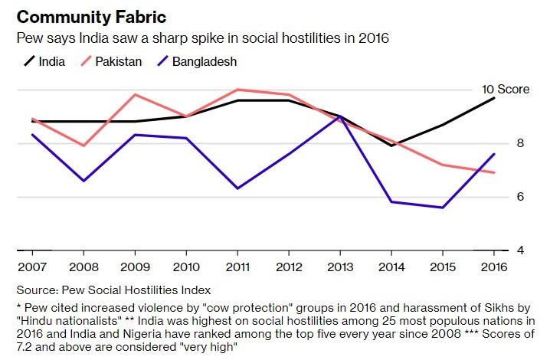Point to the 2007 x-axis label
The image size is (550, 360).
31,267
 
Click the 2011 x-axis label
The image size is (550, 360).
237,267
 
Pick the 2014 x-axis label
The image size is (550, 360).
391,267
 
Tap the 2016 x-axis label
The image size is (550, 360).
494,267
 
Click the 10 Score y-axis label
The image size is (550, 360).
506,90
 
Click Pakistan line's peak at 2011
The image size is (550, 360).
237,90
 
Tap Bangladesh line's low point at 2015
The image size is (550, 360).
443,208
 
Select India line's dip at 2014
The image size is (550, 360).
391,146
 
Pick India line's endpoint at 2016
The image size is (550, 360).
494,98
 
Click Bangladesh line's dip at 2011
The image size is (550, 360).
237,188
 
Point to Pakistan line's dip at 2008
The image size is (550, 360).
83,146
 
